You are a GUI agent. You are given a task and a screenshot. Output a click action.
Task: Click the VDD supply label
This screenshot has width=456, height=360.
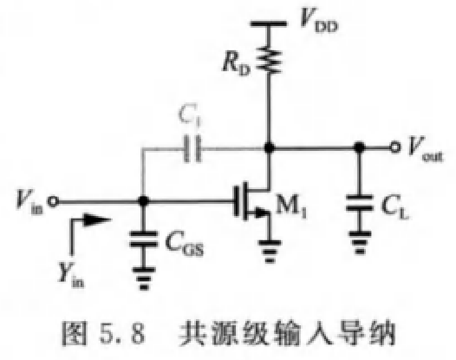point(319,20)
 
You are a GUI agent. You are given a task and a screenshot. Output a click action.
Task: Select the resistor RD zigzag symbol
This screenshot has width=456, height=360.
point(269,61)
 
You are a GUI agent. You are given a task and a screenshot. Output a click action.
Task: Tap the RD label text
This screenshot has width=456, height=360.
point(236,64)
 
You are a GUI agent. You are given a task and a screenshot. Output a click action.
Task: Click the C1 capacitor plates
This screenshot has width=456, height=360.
point(192,148)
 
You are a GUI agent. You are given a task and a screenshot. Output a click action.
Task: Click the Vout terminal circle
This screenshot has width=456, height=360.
point(394,147)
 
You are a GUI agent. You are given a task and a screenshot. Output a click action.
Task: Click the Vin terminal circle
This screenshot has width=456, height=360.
point(53,201)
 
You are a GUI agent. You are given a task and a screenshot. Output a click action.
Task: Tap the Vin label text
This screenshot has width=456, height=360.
point(29,202)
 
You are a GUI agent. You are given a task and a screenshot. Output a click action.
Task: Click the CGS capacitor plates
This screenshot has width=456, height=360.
point(143,239)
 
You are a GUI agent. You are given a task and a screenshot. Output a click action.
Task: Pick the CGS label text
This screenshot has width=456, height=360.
point(185,245)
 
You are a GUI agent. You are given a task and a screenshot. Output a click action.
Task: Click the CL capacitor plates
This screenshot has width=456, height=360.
point(360,203)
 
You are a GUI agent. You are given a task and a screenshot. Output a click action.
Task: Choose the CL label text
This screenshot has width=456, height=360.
point(395,208)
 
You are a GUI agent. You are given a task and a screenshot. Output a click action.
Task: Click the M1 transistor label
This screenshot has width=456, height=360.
point(290,206)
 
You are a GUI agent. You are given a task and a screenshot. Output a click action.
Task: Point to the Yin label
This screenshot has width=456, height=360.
point(72,274)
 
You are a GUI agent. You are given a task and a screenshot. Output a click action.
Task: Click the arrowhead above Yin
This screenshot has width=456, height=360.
point(97,220)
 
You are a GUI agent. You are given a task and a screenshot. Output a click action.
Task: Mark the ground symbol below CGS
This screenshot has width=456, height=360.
point(144,278)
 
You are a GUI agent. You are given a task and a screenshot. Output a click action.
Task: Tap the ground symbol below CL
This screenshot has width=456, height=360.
point(360,243)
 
